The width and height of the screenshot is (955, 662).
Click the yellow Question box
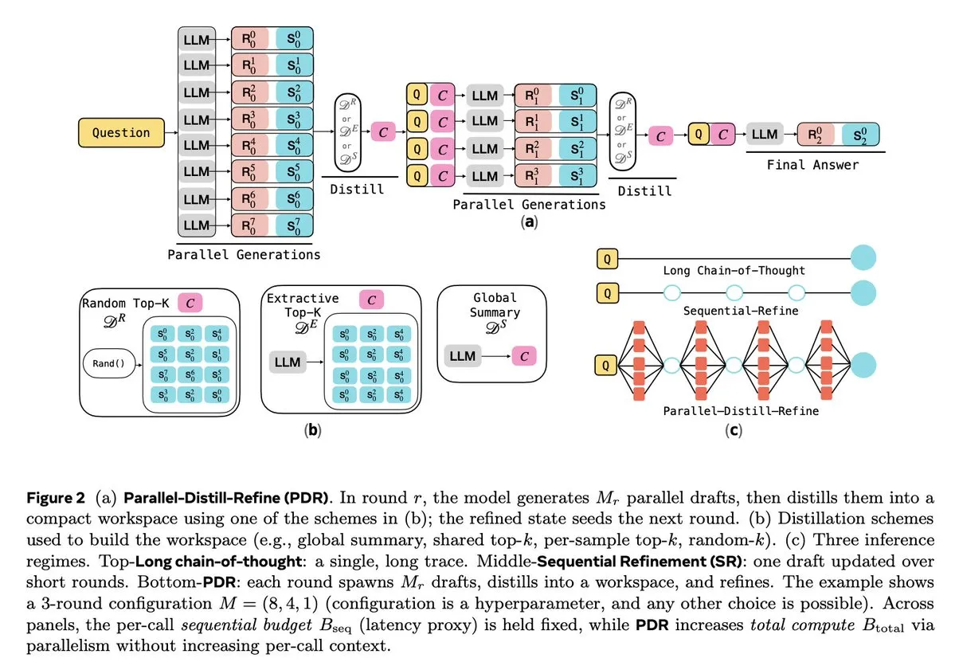(x=121, y=133)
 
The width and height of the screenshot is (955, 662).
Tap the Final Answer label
(x=812, y=166)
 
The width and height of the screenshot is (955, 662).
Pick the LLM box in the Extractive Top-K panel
(x=287, y=362)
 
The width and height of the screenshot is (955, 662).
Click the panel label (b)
(x=314, y=431)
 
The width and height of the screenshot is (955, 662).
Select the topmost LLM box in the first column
(x=196, y=39)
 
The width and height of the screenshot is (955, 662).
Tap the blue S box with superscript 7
(x=294, y=225)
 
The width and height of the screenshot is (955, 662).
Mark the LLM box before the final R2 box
(x=765, y=135)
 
